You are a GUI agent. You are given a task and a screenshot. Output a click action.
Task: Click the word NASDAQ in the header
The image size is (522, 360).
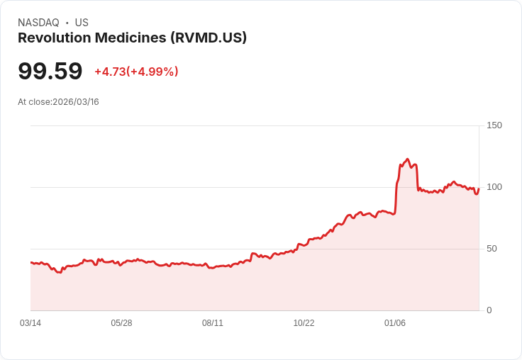click(38, 23)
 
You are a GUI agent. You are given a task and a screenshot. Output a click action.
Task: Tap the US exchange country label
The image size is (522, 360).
click(82, 23)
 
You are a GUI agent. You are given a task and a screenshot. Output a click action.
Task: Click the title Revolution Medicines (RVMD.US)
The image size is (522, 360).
click(132, 38)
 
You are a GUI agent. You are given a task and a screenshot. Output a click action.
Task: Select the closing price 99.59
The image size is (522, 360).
click(50, 71)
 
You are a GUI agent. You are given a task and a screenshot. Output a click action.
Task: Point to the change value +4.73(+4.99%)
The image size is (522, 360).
click(136, 72)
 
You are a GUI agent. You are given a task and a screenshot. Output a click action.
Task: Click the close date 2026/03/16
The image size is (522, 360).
click(76, 102)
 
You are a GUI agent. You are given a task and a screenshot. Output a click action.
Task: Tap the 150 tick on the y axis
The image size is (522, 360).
click(494, 125)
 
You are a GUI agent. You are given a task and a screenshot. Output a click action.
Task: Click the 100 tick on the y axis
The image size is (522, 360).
click(494, 187)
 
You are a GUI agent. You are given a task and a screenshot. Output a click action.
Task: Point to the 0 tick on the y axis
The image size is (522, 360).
click(489, 310)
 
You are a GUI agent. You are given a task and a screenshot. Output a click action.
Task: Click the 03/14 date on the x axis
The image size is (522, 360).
click(30, 323)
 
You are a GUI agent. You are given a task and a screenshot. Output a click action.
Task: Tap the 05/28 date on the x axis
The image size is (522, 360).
click(121, 323)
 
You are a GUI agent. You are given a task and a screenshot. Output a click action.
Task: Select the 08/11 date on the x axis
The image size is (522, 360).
click(213, 323)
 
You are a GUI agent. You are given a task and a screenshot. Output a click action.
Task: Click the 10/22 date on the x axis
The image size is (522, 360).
click(304, 323)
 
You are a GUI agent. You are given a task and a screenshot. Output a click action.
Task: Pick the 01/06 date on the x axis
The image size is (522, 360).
click(395, 323)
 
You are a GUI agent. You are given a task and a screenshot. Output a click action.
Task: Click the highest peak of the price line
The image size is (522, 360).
click(407, 159)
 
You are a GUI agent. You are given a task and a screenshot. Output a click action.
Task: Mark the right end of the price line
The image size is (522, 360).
click(479, 189)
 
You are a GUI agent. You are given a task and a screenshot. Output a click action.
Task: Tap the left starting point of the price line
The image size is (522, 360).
click(30, 263)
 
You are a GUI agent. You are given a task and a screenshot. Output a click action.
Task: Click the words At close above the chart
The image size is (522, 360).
click(34, 102)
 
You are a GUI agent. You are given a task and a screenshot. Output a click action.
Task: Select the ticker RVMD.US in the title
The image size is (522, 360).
click(208, 38)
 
